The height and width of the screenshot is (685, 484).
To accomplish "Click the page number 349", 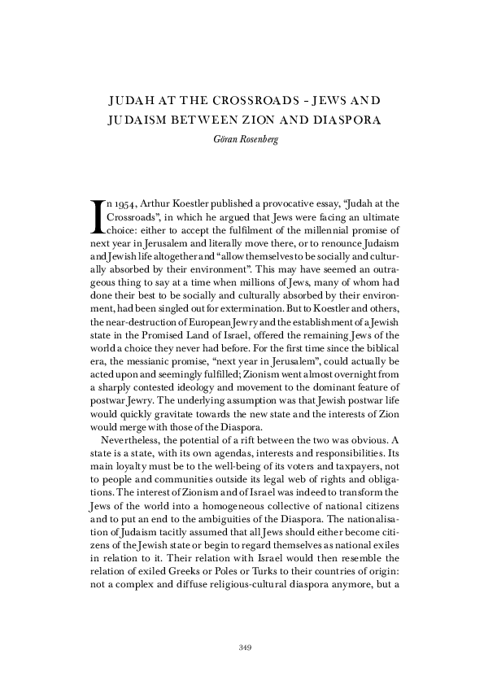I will pos(242,648).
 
